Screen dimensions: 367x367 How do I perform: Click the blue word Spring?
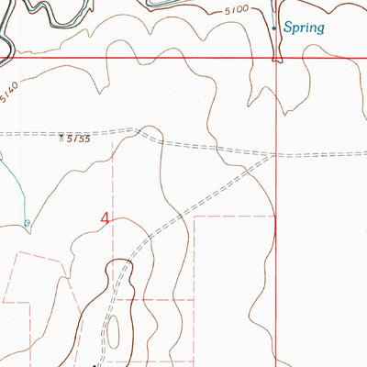tap(304, 28)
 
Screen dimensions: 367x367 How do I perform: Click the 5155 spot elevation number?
tap(76, 140)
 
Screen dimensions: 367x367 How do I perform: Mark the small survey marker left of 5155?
tap(61, 139)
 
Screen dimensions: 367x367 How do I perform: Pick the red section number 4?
tap(106, 218)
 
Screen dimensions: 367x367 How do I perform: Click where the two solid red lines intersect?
tap(277, 59)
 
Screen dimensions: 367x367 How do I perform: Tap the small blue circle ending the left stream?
tap(27, 222)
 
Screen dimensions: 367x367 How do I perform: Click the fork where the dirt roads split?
tap(138, 131)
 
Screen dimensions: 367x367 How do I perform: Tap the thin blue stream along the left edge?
tap(13, 183)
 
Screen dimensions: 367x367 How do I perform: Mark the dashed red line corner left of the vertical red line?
tap(195, 217)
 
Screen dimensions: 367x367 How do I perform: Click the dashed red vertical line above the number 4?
tap(115, 174)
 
